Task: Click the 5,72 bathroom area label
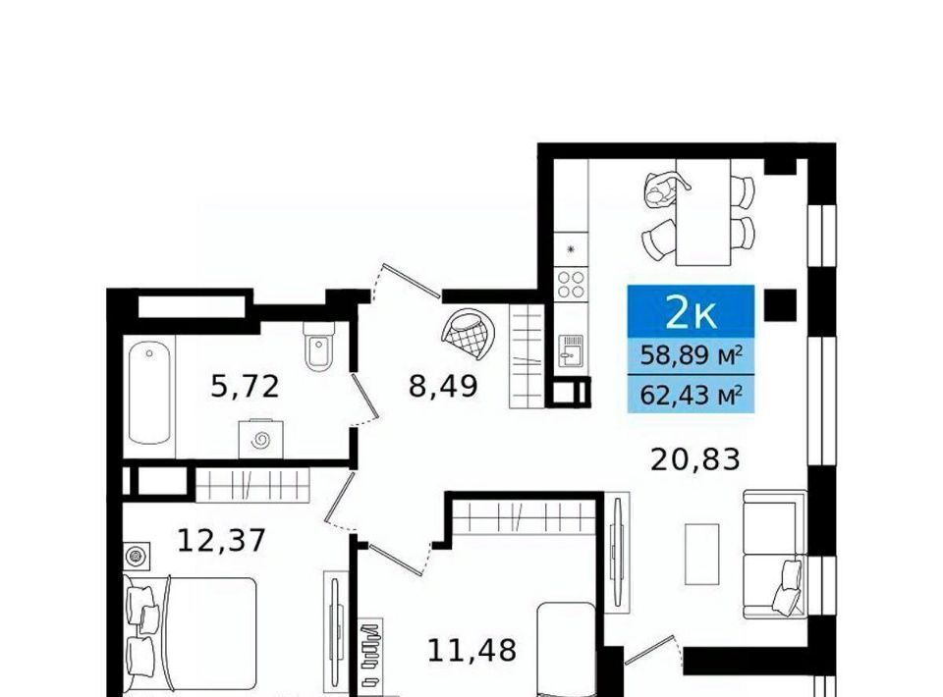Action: (x=245, y=387)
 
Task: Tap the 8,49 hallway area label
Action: (x=443, y=387)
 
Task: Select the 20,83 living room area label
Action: (x=695, y=460)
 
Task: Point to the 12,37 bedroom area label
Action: (x=221, y=540)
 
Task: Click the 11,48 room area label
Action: (x=472, y=650)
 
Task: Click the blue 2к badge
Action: (x=691, y=311)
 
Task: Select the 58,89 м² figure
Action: (x=691, y=355)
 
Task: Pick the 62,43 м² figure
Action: (x=691, y=395)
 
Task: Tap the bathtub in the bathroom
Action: (x=149, y=393)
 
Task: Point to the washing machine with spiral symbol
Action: (x=260, y=439)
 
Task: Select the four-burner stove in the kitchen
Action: (x=571, y=285)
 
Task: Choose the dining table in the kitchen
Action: (x=703, y=212)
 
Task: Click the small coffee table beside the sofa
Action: (x=702, y=554)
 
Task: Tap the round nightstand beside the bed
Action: (x=138, y=557)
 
